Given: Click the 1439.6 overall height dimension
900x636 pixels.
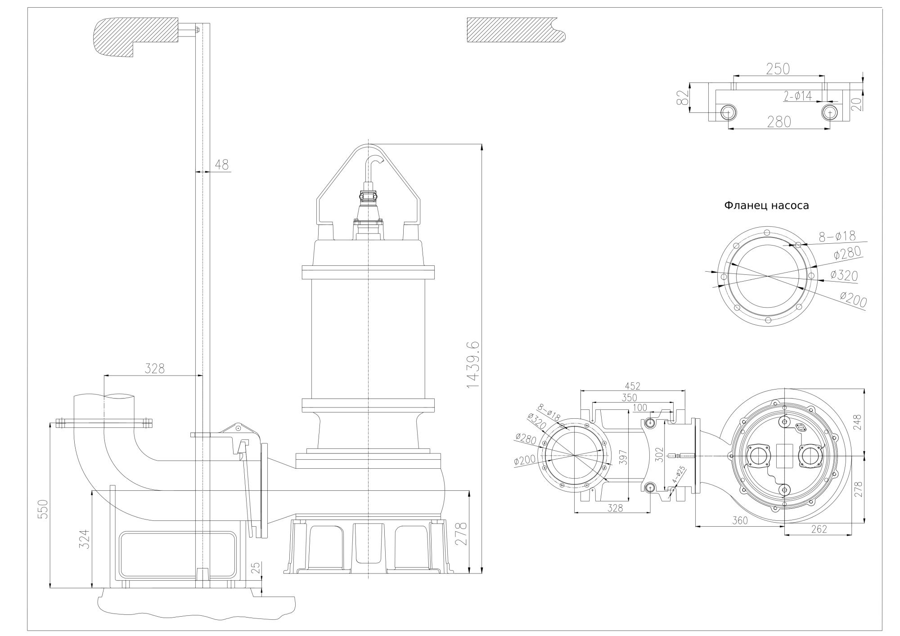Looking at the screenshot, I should coord(473,365).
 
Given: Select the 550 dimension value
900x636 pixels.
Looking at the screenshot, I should coord(42,509).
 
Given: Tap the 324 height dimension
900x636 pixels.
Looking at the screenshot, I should coord(85,539).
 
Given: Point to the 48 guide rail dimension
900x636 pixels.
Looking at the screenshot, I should coord(221,165).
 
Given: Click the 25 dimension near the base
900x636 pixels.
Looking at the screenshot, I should coord(256,568).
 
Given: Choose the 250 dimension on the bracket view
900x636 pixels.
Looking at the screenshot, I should coord(778,69).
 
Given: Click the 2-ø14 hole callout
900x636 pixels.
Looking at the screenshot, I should coord(798,96).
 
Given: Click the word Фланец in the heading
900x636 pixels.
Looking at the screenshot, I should coord(746,206).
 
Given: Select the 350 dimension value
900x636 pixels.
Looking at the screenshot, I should coord(630,398).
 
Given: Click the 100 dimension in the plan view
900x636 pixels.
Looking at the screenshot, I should coord(639,408).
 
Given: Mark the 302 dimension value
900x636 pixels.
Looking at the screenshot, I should coord(658,456).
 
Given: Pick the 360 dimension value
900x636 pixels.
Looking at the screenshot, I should coord(740,520).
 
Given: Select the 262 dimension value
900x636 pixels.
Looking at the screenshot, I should coord(819,529).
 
